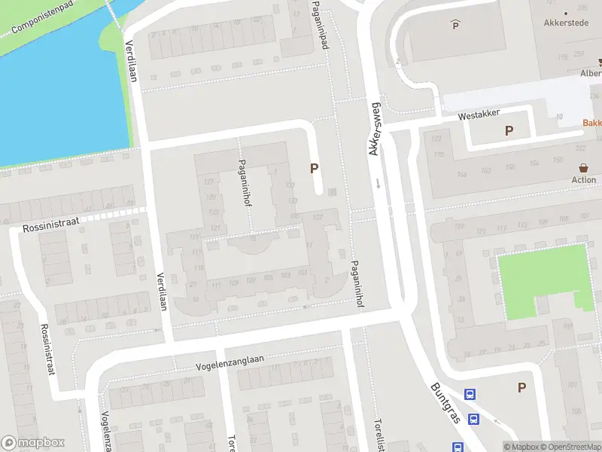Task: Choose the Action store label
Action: (584, 180)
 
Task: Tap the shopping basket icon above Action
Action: (584, 167)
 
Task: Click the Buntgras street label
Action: (445, 402)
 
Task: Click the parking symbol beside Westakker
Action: (509, 131)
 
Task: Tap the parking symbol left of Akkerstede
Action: (455, 26)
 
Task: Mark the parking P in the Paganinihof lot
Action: (314, 169)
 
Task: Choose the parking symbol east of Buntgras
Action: (521, 387)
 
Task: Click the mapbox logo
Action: (33, 443)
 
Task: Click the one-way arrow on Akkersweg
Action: (378, 183)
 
